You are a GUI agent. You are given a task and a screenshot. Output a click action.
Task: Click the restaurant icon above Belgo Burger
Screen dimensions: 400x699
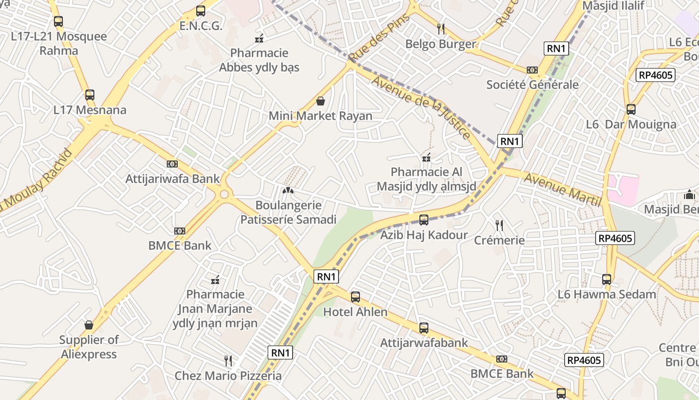tap(441, 28)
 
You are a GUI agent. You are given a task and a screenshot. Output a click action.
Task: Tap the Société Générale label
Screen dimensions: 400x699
tap(532, 84)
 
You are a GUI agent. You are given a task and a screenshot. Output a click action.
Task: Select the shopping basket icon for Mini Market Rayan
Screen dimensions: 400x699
tap(321, 101)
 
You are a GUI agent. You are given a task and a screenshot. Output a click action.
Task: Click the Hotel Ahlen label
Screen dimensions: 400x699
tap(355, 312)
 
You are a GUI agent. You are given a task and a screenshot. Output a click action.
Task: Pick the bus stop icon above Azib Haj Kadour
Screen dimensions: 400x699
tap(424, 219)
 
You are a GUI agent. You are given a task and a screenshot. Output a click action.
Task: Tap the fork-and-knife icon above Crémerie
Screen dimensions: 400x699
tap(499, 225)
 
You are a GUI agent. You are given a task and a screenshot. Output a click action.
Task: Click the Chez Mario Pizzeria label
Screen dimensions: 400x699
tap(228, 375)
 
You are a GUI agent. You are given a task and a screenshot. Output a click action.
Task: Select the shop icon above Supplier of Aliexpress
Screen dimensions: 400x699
tap(89, 325)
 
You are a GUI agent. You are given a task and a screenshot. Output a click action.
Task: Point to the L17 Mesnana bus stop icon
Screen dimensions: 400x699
tap(90, 94)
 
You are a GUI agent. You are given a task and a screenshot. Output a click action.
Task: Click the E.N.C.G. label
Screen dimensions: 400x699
tap(201, 26)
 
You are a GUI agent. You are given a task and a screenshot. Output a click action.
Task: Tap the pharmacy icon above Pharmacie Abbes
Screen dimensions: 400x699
tap(259, 38)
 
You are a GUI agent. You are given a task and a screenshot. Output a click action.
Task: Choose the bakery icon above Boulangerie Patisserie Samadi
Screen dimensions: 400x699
tap(288, 190)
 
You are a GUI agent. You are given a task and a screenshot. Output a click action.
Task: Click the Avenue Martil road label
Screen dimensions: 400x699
tap(562, 190)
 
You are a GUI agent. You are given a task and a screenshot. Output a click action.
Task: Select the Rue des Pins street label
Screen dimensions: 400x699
tap(379, 37)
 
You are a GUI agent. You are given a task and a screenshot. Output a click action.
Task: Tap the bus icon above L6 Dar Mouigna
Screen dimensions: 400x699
tap(631, 109)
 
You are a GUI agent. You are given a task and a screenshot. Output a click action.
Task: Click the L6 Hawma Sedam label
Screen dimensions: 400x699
tap(607, 294)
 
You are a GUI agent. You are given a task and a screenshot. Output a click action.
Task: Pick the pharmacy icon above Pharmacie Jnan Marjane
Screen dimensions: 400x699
tap(216, 279)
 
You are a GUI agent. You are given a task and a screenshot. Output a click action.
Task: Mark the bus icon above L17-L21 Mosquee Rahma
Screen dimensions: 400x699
tap(58, 21)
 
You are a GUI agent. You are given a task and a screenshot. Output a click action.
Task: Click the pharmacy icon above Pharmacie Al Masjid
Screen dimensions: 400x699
tap(426, 157)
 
